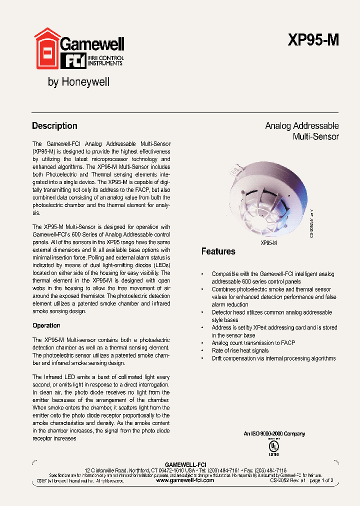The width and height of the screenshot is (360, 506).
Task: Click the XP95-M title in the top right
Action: (313, 40)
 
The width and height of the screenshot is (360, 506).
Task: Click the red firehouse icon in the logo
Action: (46, 49)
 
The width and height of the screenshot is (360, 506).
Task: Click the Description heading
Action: (54, 126)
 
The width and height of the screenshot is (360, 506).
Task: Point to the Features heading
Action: (218, 251)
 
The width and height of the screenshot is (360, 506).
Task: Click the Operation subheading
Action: (46, 325)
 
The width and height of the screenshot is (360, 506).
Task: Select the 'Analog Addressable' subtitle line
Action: (301, 126)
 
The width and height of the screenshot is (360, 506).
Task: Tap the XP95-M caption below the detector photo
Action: (268, 242)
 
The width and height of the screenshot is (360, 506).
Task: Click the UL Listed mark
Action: (273, 447)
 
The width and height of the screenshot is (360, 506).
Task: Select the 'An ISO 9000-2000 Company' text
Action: (274, 434)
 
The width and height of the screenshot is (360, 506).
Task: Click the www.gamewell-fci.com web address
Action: (185, 480)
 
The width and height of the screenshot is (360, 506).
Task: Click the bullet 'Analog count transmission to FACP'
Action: (253, 343)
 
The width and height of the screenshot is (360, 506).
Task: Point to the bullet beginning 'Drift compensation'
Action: (273, 358)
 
